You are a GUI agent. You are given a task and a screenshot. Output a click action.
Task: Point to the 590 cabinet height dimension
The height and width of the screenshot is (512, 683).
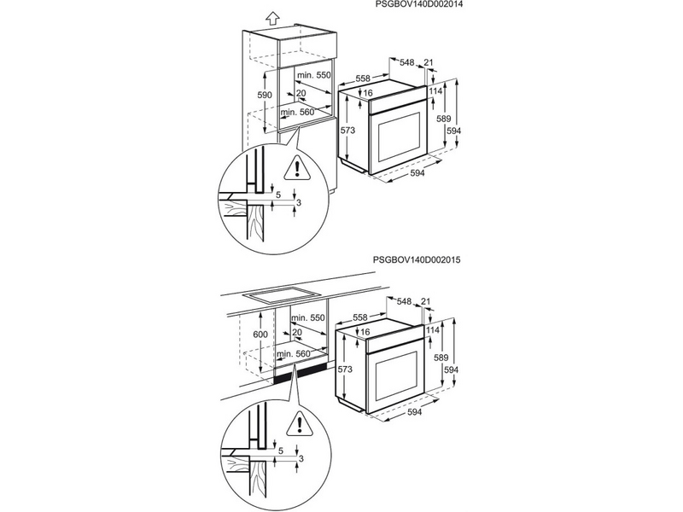266,95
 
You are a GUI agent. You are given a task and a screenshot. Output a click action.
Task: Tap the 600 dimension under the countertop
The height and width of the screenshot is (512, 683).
261,336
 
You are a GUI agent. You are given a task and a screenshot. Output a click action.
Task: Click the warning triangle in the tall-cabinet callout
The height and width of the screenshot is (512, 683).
298,167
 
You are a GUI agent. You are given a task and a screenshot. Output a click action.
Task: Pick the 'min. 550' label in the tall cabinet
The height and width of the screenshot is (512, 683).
312,76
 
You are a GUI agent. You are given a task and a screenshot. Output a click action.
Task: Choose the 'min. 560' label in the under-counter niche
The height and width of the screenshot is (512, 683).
295,353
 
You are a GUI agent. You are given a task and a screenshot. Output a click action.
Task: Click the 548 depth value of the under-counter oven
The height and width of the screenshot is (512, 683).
405,301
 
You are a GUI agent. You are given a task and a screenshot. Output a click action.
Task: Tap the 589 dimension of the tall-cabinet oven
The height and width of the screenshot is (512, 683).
442,121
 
